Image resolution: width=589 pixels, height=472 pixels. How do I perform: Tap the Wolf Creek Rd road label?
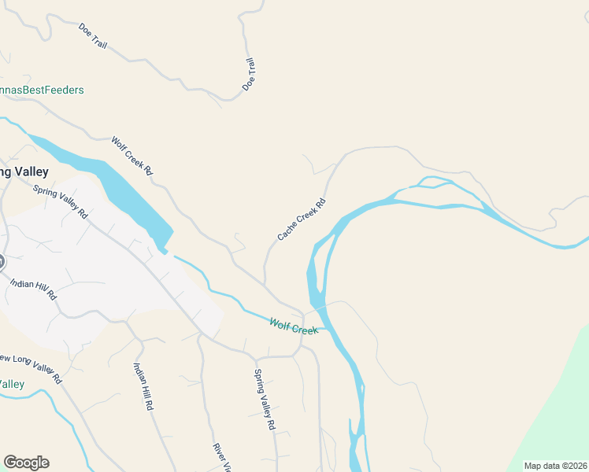[x=132, y=155]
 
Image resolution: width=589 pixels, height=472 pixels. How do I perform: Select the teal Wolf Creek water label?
[x=294, y=326]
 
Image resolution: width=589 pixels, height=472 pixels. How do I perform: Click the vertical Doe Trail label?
[x=249, y=73]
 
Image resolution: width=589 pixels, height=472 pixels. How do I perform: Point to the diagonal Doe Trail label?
[x=93, y=35]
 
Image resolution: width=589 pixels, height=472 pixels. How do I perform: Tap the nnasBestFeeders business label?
[x=42, y=90]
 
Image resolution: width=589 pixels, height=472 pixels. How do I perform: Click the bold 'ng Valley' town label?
[x=24, y=171]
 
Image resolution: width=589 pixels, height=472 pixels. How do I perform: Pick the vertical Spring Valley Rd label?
[x=264, y=399]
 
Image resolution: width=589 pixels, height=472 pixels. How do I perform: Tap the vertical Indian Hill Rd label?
[x=143, y=385]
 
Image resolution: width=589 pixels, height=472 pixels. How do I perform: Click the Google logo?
[x=26, y=463]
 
